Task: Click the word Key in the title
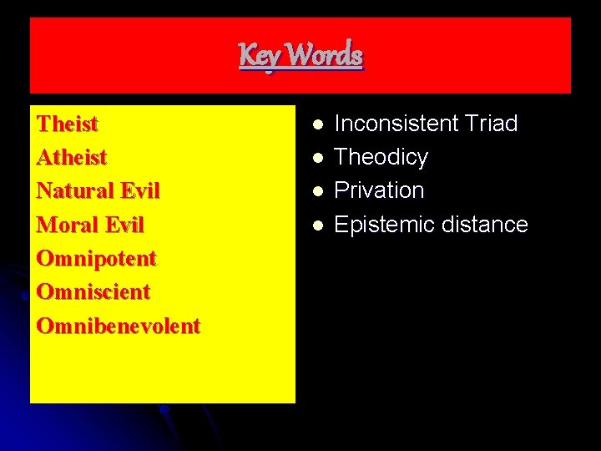point(256,56)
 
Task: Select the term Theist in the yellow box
point(68,124)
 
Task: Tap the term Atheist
point(72,158)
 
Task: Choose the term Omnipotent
point(96,259)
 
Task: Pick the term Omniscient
point(93,292)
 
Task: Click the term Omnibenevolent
point(118,326)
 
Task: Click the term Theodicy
point(381,157)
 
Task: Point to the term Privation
point(379,190)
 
